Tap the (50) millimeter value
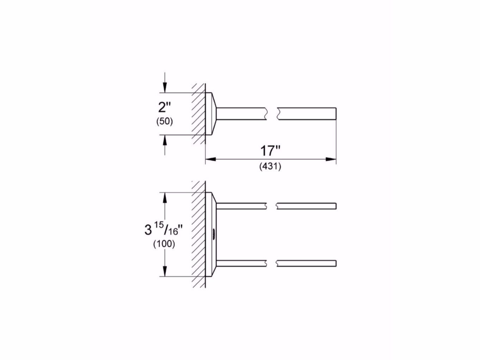coord(165,121)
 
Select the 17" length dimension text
coord(270,151)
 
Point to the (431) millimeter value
coord(270,167)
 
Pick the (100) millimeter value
coord(164,244)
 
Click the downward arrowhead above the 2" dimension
coord(165,88)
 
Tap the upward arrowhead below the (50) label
coord(165,140)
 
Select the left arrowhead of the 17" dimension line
coord(211,159)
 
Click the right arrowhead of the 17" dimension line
coord(331,159)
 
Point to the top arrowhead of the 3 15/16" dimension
coord(165,198)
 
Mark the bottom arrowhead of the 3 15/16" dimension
coord(165,271)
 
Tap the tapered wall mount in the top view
coord(211,114)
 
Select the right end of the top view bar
coord(336,114)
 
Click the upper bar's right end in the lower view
coord(336,206)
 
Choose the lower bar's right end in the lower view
coord(336,263)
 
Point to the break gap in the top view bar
coord(272,114)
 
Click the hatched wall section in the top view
coord(198,114)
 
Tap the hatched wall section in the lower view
coord(198,234)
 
